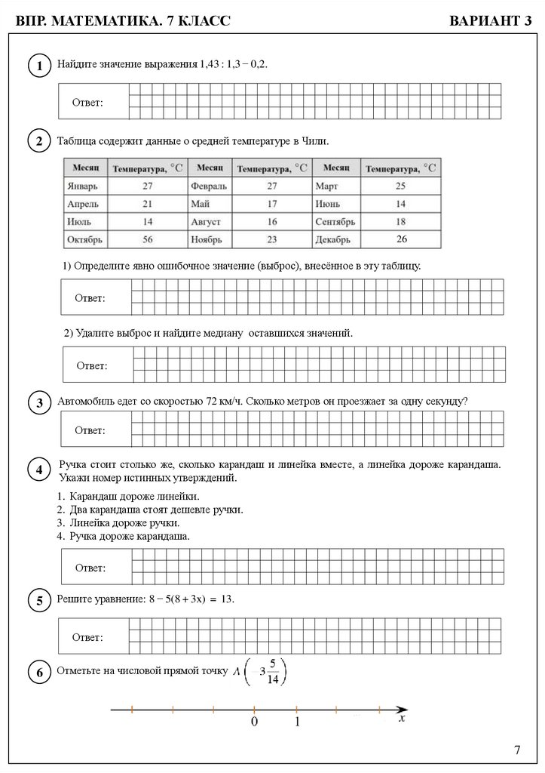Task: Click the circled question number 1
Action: tap(38, 67)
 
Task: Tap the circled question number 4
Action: tap(38, 471)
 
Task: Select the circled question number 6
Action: tap(38, 672)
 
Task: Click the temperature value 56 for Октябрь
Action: tap(146, 240)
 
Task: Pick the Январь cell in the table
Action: tap(81, 185)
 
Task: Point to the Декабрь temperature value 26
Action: tap(401, 239)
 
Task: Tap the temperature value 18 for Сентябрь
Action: tap(400, 222)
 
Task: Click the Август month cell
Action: tap(207, 222)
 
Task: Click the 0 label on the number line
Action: tap(255, 722)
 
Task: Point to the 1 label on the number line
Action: tap(297, 722)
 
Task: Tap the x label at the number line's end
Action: tap(402, 720)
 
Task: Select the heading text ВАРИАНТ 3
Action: tap(490, 21)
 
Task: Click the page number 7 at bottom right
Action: tap(517, 750)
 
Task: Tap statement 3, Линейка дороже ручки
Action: tap(124, 522)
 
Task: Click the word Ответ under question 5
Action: tap(87, 638)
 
